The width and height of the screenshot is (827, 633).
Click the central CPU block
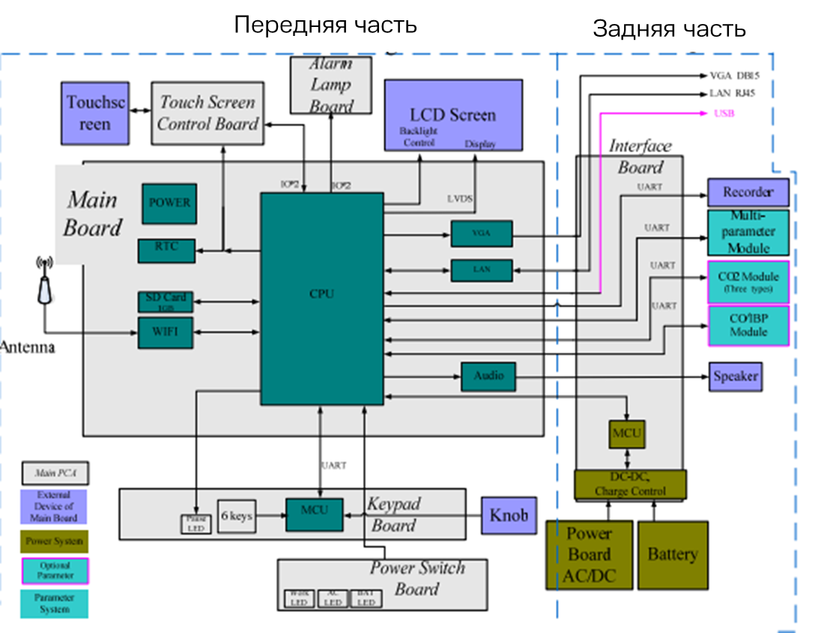point(321,298)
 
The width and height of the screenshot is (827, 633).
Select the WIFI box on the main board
point(166,333)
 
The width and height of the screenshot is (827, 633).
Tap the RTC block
point(166,250)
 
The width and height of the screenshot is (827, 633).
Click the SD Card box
point(166,301)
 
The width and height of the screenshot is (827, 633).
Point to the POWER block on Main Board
point(169,203)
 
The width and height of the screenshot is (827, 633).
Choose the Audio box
point(488,376)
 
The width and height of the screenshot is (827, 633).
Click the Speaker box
point(735,376)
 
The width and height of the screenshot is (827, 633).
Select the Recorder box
point(748,193)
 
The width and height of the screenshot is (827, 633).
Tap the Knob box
point(509,515)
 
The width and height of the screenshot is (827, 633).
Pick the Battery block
point(672,554)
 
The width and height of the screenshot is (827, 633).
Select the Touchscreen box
point(95,112)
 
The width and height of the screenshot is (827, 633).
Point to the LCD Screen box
point(453,116)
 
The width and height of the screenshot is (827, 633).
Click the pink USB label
point(724,114)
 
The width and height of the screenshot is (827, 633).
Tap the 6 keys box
point(237,516)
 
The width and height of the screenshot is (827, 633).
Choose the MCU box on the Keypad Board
point(314,515)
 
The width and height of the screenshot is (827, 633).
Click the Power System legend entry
point(54,541)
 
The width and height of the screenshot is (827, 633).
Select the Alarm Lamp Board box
point(330,85)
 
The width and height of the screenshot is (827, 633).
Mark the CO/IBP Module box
point(748,325)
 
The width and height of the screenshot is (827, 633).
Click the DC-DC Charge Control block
point(630,485)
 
